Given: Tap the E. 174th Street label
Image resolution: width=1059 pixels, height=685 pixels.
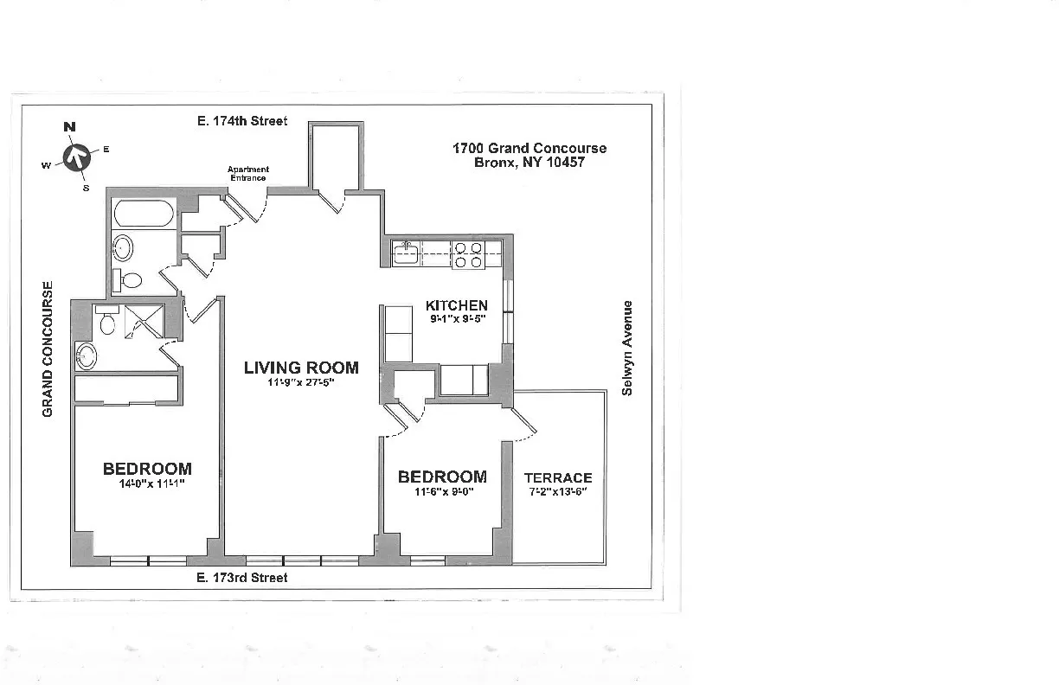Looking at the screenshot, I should [x=241, y=121].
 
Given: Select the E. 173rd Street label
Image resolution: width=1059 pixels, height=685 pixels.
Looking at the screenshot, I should [x=241, y=577].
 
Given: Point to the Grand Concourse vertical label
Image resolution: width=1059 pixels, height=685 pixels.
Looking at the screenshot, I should [x=48, y=349].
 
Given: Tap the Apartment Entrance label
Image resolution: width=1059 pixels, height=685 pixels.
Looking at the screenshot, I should [x=247, y=173].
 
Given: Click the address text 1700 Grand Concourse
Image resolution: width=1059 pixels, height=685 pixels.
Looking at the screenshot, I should [x=529, y=148].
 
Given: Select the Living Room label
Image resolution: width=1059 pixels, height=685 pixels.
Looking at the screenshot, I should [x=300, y=368].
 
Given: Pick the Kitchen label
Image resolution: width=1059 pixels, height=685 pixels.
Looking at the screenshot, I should [x=456, y=305].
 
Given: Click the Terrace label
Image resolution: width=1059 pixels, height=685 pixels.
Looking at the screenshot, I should [x=558, y=477].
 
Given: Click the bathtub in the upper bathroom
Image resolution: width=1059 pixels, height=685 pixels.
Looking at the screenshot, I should [x=144, y=214].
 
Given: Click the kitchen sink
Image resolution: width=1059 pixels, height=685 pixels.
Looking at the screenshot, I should [x=405, y=253].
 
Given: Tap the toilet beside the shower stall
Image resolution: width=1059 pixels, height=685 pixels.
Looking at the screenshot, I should [x=107, y=322].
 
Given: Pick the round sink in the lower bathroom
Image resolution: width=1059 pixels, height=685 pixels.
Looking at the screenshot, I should [x=87, y=355].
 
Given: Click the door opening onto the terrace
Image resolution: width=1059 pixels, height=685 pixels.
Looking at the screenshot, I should [x=524, y=420].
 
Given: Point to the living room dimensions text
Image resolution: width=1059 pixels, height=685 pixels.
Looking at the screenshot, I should [x=300, y=383].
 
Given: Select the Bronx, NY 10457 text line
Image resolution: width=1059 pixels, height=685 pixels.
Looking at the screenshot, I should [x=529, y=163].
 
